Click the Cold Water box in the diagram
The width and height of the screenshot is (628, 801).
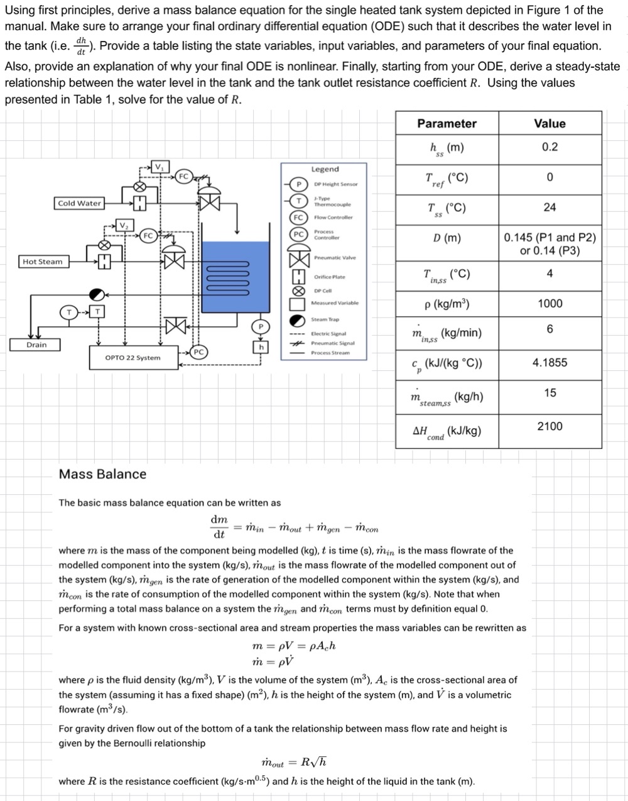79,203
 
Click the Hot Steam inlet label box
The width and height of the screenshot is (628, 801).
43,262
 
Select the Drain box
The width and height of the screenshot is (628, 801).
36,345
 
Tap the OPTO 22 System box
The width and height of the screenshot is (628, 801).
133,358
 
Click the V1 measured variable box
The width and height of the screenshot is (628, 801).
160,167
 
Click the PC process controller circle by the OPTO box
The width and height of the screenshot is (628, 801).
198,351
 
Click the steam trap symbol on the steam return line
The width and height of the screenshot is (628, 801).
97,294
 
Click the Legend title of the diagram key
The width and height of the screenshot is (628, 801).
325,169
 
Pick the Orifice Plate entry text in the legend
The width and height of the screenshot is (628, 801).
329,277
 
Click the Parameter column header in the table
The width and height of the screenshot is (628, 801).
447,124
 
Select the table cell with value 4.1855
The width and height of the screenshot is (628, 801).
549,362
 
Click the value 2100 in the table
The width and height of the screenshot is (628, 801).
549,426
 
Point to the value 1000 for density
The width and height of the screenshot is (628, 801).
549,304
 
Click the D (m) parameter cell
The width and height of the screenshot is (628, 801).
447,238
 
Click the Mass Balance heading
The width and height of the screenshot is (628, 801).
102,474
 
